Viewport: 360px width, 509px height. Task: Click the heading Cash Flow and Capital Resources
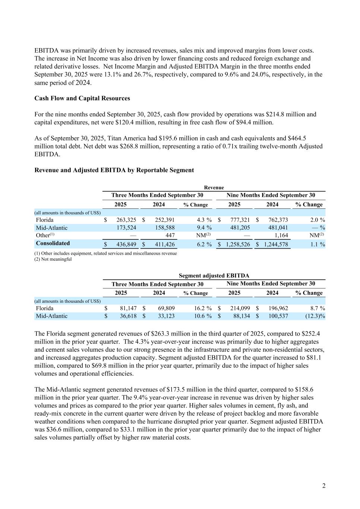[x=82, y=98]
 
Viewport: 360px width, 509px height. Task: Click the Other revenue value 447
[x=170, y=236]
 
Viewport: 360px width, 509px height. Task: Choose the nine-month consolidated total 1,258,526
[x=238, y=245]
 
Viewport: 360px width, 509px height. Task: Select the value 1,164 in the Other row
[x=281, y=236]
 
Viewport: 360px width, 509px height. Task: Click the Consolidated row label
[x=53, y=243]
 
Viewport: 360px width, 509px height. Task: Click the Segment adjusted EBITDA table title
[x=214, y=276]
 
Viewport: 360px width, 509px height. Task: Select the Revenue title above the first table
[x=214, y=188]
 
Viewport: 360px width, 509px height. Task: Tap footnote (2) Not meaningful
[x=53, y=260]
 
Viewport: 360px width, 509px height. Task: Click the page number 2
[x=323, y=486]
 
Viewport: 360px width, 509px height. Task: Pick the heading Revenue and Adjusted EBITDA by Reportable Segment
[x=114, y=170]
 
